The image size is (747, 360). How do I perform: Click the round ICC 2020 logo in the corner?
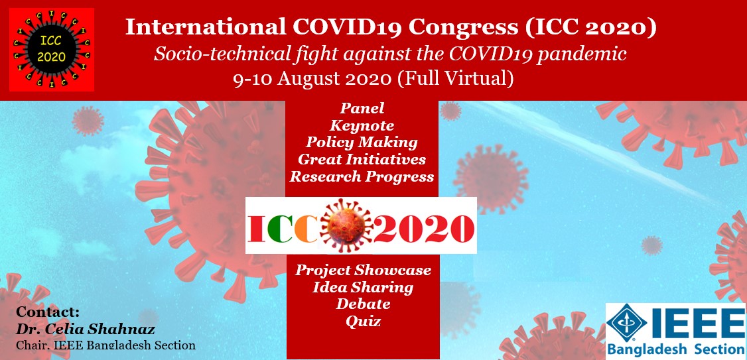point(52,50)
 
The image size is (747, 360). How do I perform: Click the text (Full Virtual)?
point(456,79)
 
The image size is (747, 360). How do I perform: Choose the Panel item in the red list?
point(362,109)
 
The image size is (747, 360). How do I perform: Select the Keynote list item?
point(362,126)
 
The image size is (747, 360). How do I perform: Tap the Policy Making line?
point(362,143)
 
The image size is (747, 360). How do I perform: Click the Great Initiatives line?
point(362,159)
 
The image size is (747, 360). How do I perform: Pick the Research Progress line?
point(362,177)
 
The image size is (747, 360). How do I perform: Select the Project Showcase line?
point(363,270)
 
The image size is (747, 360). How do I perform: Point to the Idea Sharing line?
point(363,288)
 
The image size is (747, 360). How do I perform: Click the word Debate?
point(363,304)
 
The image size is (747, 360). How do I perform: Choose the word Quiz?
point(363,322)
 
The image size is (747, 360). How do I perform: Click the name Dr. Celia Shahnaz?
point(86,330)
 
